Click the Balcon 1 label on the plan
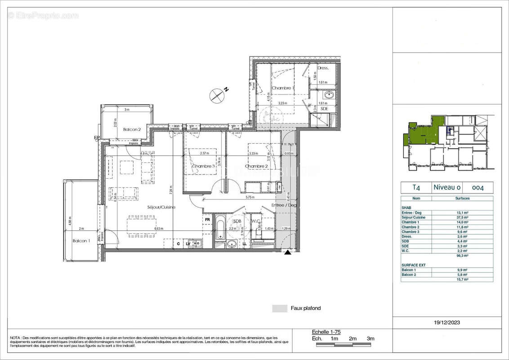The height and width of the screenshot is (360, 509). pyautogui.click(x=81, y=241)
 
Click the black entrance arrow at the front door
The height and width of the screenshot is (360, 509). pyautogui.click(x=287, y=253)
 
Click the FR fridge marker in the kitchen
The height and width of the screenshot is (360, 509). pyautogui.click(x=208, y=220)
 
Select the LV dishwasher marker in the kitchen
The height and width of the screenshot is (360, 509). pyautogui.click(x=188, y=243)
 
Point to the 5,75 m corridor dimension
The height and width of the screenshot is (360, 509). pyautogui.click(x=250, y=197)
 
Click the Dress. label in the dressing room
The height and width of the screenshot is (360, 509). pyautogui.click(x=323, y=68)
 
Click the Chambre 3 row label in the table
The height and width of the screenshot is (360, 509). pyautogui.click(x=410, y=231)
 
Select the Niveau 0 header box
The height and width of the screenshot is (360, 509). pyautogui.click(x=446, y=187)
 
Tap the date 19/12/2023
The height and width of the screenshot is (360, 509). pyautogui.click(x=447, y=322)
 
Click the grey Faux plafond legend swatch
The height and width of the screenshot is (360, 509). pyautogui.click(x=279, y=308)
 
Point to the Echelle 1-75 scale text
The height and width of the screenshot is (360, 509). pyautogui.click(x=326, y=332)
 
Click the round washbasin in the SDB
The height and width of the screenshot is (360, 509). pyautogui.click(x=232, y=243)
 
